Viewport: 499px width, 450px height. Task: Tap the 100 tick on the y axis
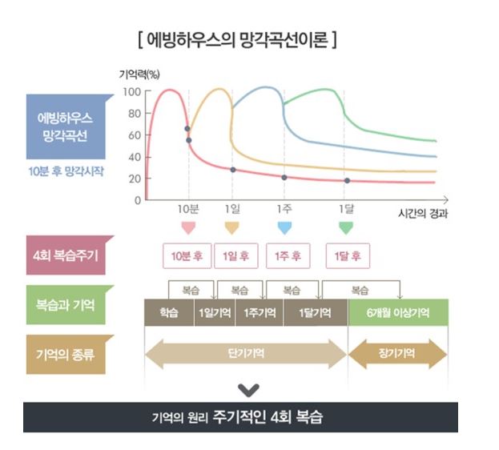point(132,91)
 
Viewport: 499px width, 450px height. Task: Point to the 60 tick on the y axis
point(134,135)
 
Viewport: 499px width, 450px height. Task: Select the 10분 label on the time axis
point(188,211)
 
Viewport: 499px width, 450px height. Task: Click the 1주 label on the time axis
point(284,211)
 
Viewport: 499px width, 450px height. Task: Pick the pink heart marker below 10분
point(188,228)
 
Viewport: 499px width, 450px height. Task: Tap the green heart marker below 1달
point(346,228)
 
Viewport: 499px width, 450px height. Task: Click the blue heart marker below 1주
point(284,228)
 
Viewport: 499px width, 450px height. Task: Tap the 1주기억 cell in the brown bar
point(259,312)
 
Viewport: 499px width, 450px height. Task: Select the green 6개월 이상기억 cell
point(397,312)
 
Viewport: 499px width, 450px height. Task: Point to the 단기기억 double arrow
point(245,352)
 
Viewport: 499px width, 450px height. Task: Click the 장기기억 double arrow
point(397,353)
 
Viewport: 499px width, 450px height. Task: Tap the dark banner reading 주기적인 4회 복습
point(239,417)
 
